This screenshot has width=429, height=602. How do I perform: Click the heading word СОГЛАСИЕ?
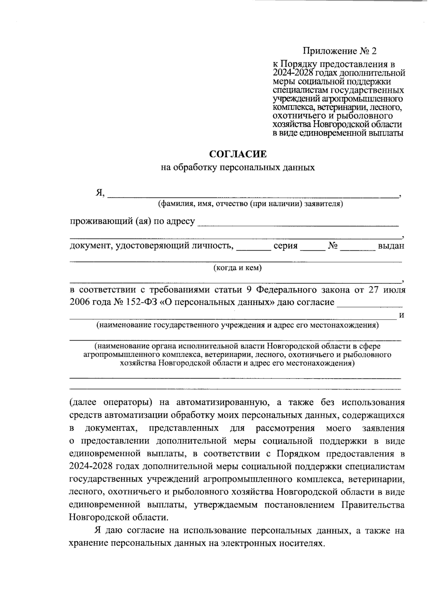pos(238,154)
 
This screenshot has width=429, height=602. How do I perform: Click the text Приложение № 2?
pos(340,51)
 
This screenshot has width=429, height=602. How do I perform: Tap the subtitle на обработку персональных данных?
pos(238,167)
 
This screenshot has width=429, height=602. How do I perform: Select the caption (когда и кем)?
pos(237,268)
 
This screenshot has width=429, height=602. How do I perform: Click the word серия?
pos(285,246)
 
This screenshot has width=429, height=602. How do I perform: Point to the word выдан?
pos(391,246)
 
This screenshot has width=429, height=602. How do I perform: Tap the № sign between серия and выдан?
pos(333,246)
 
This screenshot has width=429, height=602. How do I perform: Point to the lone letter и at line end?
pos(401,315)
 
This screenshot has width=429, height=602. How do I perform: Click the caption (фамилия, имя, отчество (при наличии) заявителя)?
pos(251,204)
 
